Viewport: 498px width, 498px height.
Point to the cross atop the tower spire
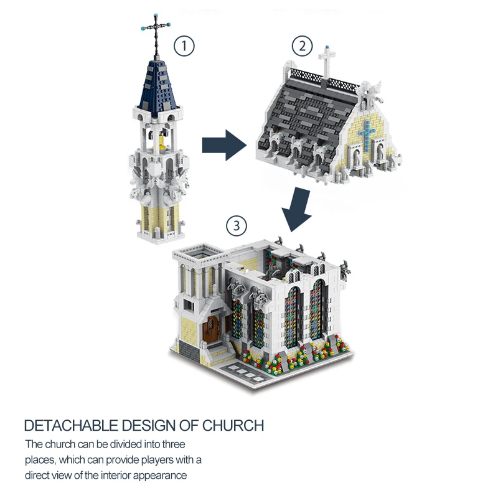point(155,28)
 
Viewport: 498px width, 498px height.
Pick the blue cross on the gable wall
point(367,137)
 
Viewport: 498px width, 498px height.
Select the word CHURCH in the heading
point(233,426)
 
